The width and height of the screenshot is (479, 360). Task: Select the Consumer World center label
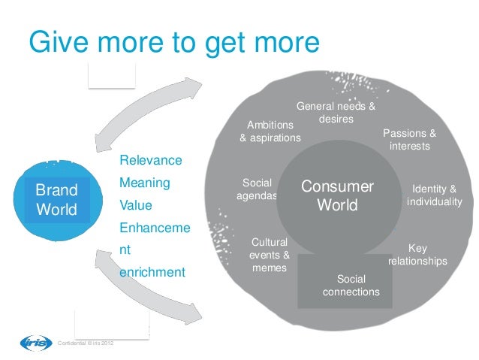tap(337, 195)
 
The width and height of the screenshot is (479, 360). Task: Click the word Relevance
tap(150, 161)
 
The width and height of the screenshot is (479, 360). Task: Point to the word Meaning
tap(145, 183)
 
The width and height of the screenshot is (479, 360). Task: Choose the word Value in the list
tap(137, 205)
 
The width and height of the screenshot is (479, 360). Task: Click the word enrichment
tap(152, 271)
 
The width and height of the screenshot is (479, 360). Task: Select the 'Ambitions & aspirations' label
tap(270, 132)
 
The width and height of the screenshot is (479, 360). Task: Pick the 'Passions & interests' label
tap(409, 140)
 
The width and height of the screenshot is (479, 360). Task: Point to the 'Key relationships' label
tap(417, 255)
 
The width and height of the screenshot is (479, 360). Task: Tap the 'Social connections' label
tap(351, 285)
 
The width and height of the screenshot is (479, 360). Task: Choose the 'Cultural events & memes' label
tap(270, 256)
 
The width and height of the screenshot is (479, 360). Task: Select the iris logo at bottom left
tap(35, 343)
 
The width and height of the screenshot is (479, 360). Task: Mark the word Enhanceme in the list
tap(154, 227)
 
